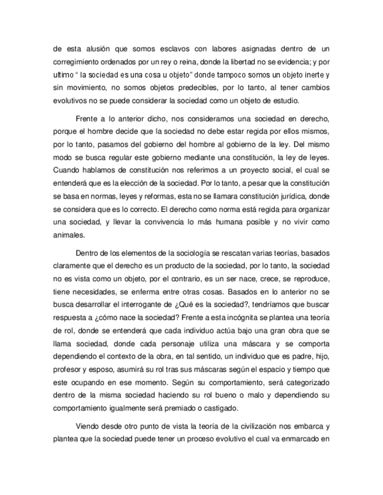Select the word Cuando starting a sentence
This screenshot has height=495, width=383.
(x=67, y=171)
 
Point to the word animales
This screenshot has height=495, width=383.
(x=69, y=236)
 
